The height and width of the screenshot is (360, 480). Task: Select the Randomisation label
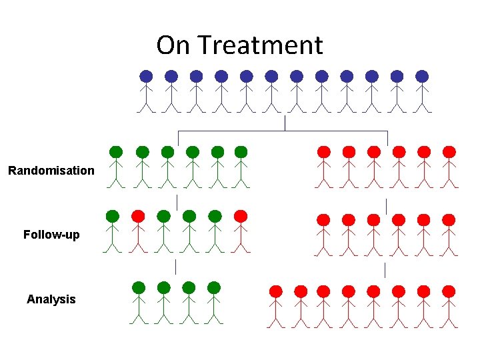coord(51,171)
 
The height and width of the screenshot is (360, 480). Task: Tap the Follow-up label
coord(51,235)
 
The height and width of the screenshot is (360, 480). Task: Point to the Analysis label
coord(51,299)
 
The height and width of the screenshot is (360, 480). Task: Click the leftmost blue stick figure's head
coord(146,76)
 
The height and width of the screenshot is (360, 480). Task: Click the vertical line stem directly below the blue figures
coord(285,123)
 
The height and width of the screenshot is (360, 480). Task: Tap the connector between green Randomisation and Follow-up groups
coord(177,201)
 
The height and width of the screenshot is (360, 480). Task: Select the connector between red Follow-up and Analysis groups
coord(385,269)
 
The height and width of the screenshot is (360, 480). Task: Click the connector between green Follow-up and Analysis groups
coord(175,267)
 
